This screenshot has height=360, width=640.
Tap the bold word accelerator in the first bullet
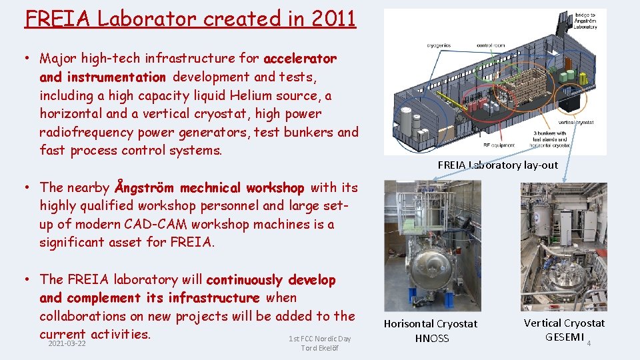click(300, 59)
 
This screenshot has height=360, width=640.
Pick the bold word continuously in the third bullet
click(244, 279)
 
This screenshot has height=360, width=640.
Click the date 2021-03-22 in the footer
click(67, 343)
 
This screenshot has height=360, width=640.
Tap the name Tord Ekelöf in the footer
click(319, 348)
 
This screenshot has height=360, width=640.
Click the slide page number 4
click(589, 344)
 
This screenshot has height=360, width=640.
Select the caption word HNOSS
click(431, 338)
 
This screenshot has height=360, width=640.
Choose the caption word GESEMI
click(564, 337)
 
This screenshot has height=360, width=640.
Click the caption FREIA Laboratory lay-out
click(497, 165)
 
